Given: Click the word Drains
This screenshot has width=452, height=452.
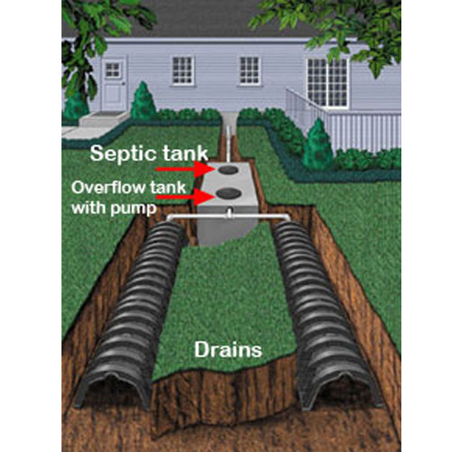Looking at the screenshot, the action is click(228, 350).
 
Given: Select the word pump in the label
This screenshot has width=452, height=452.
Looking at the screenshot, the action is click(134, 209).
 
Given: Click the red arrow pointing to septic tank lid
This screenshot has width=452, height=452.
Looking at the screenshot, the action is click(185, 169).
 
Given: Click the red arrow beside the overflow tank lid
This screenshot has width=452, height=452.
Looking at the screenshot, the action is click(185, 196).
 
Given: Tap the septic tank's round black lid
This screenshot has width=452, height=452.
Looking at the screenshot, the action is click(228, 170).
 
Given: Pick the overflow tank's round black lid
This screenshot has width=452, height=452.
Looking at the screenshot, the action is click(228, 193).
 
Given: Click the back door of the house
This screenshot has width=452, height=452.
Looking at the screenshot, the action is click(113, 85).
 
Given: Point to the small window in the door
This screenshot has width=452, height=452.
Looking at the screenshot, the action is click(113, 70).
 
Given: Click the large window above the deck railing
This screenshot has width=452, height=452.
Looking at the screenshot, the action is click(327, 82).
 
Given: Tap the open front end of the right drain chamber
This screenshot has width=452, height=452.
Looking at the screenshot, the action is click(342, 390).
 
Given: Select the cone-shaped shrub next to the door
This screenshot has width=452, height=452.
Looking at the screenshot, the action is click(143, 101).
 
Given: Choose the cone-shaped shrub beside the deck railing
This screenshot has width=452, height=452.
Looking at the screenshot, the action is click(317, 145).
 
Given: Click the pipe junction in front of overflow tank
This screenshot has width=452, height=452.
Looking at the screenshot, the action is click(230, 213).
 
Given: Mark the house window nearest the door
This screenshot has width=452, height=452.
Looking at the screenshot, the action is click(182, 71).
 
